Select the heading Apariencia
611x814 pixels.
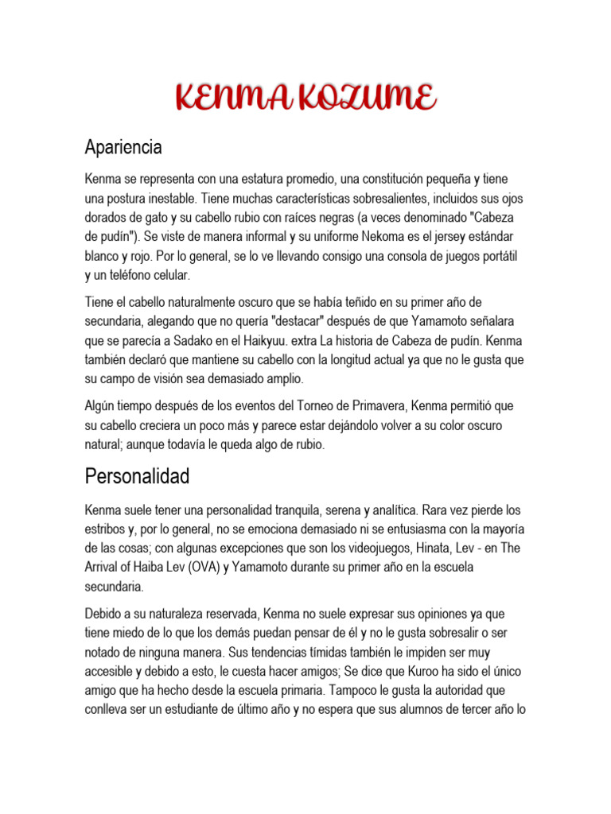(123, 147)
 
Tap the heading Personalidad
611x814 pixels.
(138, 477)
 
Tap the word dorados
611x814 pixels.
(109, 217)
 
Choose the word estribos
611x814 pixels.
(108, 529)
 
